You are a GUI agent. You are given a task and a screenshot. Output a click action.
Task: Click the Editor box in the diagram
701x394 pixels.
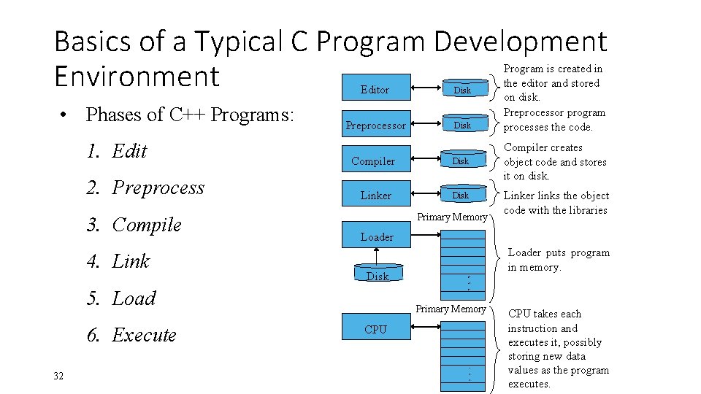point(375,90)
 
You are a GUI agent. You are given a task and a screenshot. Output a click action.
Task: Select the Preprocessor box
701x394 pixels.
point(375,125)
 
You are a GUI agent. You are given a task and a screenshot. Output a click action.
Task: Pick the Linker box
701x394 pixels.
point(375,196)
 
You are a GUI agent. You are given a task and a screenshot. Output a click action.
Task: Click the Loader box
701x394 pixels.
point(377,236)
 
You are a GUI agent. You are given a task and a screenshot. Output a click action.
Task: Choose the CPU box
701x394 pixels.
point(375,330)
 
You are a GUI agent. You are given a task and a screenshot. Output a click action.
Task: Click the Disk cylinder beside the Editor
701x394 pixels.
point(462,90)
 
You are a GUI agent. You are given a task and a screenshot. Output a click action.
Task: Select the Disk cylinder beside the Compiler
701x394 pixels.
point(461,161)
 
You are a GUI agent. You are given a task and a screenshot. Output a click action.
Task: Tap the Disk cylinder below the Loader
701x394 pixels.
point(378,274)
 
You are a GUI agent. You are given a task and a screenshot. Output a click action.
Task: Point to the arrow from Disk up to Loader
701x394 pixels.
point(377,256)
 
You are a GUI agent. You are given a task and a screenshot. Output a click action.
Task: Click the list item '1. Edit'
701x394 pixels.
point(117,151)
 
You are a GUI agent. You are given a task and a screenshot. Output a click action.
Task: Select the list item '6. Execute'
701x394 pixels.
point(131,335)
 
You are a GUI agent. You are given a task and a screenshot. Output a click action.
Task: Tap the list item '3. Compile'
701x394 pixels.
point(134,225)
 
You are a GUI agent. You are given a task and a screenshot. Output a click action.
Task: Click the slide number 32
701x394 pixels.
point(59,376)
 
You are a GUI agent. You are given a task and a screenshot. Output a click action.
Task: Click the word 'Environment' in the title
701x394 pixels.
point(137,76)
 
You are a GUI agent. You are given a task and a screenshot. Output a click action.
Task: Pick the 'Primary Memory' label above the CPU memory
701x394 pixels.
point(451,309)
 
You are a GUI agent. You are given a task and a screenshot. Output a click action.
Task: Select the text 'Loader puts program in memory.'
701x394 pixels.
point(558,260)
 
